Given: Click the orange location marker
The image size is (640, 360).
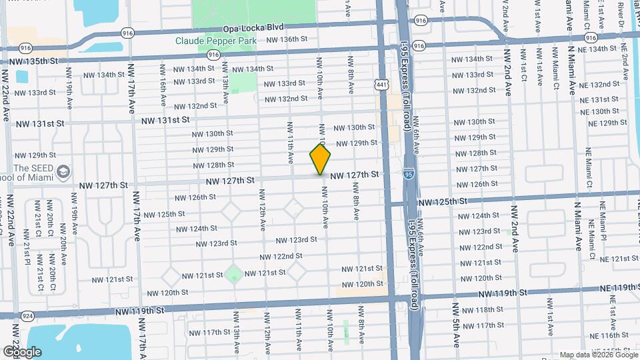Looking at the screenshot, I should point(320,159).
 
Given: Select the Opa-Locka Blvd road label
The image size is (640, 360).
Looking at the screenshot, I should point(253,27).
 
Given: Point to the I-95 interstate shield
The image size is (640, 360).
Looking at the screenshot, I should point(407,174).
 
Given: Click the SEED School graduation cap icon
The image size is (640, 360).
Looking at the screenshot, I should point(63,171).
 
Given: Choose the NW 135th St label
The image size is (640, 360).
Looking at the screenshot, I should point(35,61).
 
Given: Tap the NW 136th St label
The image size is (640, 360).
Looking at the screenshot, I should point(287,39).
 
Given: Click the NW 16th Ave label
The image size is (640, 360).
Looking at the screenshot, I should point(162,84).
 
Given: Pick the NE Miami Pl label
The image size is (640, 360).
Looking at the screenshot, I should point(604,220).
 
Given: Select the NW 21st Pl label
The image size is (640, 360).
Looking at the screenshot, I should point(27,253).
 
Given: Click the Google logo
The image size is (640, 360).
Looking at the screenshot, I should point(22,352).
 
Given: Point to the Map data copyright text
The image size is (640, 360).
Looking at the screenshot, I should point(598,355).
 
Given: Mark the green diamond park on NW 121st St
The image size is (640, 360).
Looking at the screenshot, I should point(233,273).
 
